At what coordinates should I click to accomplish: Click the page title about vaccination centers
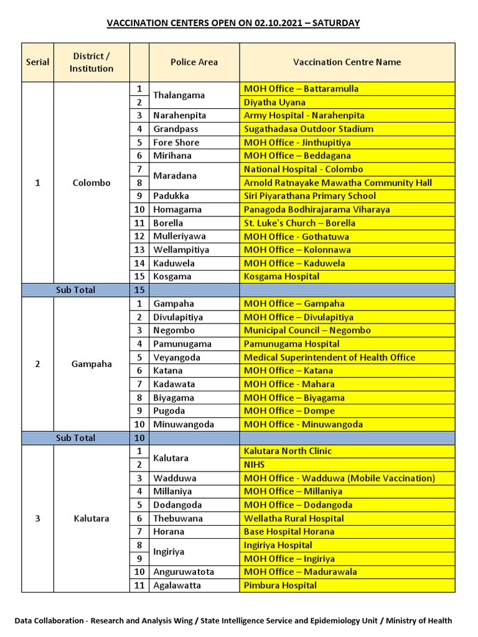coord(233,23)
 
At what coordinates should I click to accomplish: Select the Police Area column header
coord(194,62)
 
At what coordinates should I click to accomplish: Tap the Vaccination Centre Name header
coord(347,62)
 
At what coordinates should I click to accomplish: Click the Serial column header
coord(37,62)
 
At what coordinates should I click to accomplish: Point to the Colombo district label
coord(91,183)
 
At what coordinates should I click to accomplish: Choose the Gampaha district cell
coord(91,364)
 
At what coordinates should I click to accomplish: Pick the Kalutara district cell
coord(91,518)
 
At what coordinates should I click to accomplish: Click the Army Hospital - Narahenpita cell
coord(304,116)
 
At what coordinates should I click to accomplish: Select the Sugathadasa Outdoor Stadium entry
coord(309,129)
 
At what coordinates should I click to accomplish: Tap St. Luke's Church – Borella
coord(299,223)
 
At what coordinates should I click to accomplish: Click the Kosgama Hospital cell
coord(281,276)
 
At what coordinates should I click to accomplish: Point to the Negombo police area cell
coord(174,330)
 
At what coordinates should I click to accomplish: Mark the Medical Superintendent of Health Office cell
coord(329,357)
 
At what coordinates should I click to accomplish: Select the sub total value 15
coord(139,290)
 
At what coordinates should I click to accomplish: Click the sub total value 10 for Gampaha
coord(139,438)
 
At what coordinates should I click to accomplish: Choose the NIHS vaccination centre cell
coord(255,465)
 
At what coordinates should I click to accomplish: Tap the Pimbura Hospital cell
coord(280,585)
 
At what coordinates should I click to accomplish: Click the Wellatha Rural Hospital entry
coord(294,518)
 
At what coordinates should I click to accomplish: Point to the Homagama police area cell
coord(178,210)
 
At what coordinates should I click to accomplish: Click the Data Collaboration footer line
coord(233,621)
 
